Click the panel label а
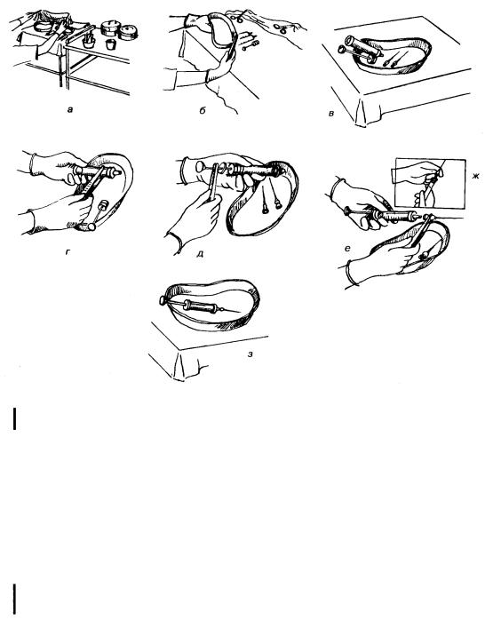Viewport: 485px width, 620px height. coord(70,110)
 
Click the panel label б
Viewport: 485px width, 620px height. coord(202,110)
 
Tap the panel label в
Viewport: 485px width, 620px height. coord(331,114)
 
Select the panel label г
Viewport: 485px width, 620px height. coord(68,250)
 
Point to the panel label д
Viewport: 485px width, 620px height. coord(200,253)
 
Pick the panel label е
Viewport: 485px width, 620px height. coord(347,249)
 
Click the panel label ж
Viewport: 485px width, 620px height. coord(475,176)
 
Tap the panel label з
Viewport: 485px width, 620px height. coord(250,354)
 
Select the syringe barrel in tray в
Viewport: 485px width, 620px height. coord(363,46)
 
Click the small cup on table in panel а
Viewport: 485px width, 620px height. coord(110,44)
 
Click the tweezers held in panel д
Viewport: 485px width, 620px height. coord(214,182)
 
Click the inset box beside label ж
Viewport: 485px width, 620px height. coord(430,184)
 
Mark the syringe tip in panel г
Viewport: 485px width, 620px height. coord(117,172)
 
